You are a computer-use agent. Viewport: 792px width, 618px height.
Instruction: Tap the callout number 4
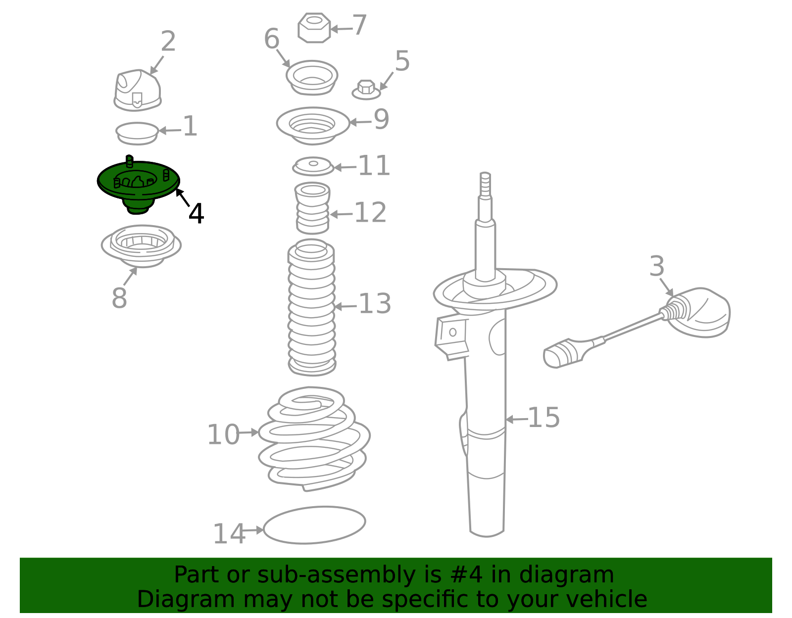click(196, 213)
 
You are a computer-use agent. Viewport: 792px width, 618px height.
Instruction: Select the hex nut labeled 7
click(314, 28)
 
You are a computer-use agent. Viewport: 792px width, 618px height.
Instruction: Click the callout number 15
click(544, 417)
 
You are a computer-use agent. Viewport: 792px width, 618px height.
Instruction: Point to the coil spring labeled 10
click(314, 438)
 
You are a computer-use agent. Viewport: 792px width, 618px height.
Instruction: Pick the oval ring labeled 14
click(314, 525)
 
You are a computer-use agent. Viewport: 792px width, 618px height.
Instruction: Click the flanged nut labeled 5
click(366, 90)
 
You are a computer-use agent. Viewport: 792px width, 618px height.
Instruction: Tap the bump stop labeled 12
click(312, 208)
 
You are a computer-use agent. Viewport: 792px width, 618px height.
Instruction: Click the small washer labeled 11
click(313, 166)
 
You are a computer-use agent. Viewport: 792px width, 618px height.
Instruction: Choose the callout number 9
click(382, 119)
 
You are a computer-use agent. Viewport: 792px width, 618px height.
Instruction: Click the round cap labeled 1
click(137, 133)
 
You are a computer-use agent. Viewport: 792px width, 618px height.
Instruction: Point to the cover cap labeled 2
click(138, 91)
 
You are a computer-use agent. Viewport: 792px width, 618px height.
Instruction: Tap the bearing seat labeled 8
click(141, 246)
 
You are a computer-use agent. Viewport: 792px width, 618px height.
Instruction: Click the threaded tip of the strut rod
click(485, 184)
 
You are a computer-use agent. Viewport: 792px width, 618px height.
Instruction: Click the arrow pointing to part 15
click(516, 420)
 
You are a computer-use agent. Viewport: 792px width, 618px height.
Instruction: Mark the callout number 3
click(657, 266)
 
